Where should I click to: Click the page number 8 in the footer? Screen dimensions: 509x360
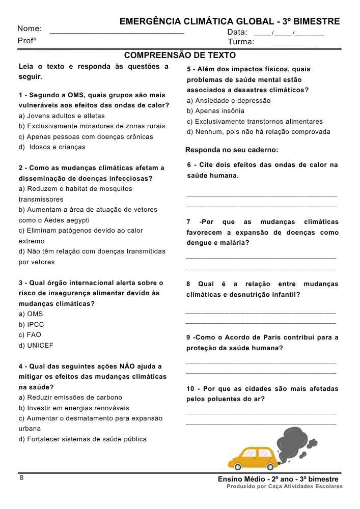tap(21, 477)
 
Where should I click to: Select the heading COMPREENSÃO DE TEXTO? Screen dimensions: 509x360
tap(180, 55)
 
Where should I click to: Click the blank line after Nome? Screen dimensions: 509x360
tap(117, 32)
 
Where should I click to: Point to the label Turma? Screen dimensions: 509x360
tap(241, 42)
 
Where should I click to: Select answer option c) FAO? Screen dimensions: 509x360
tap(30, 335)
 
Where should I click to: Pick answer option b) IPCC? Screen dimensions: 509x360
tap(32, 324)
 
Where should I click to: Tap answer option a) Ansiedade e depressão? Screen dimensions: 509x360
tap(229, 100)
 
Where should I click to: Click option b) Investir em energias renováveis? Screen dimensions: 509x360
tap(74, 408)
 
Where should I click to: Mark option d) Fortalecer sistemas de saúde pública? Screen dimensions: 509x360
tap(82, 439)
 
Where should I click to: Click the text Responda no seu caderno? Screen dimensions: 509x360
tap(232, 150)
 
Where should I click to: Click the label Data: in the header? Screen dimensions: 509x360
tap(237, 32)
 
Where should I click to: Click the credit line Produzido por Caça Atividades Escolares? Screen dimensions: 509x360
tap(285, 487)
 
